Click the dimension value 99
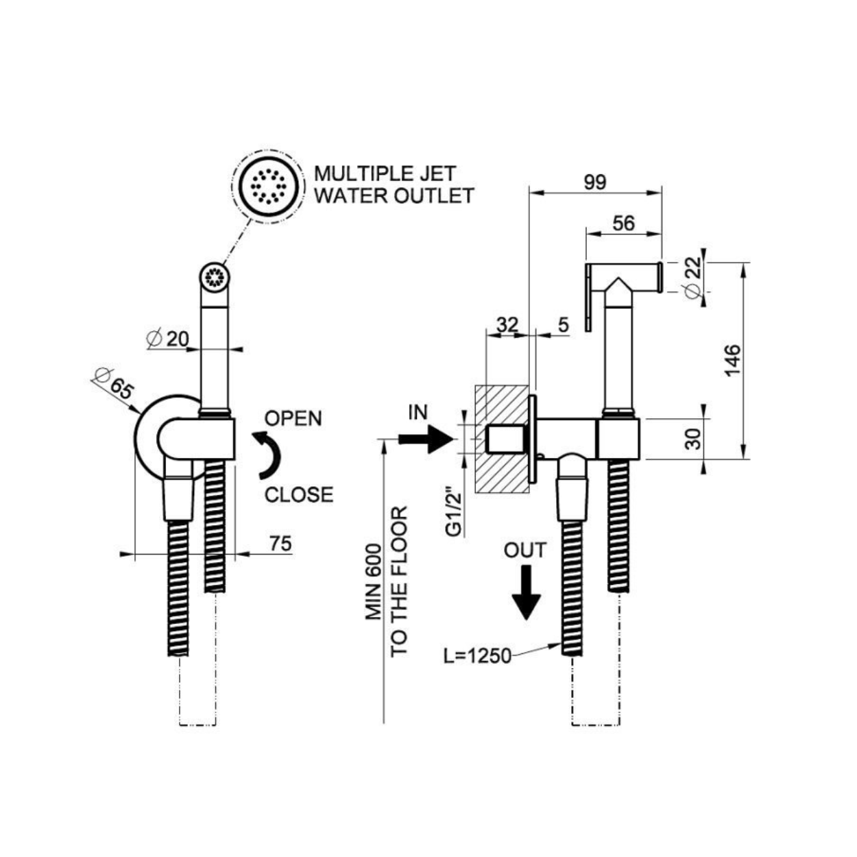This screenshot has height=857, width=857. [x=594, y=182]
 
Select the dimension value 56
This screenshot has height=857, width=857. [x=623, y=224]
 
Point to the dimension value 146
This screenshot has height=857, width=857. [x=732, y=360]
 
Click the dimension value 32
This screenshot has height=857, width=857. [x=507, y=325]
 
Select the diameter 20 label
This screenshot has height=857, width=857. [x=168, y=339]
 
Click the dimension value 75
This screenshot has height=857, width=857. [x=280, y=544]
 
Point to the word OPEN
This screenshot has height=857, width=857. [x=293, y=418]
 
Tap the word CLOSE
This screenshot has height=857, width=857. [x=299, y=494]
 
